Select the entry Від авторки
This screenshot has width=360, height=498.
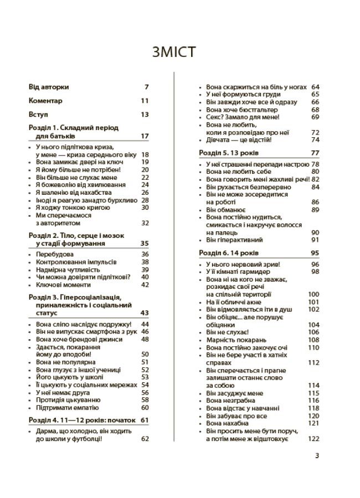[49, 87]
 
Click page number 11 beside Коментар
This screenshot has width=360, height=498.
[145, 101]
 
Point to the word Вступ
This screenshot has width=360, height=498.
[39, 115]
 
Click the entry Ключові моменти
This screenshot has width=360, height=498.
[62, 284]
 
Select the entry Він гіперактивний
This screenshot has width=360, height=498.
[234, 240]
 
